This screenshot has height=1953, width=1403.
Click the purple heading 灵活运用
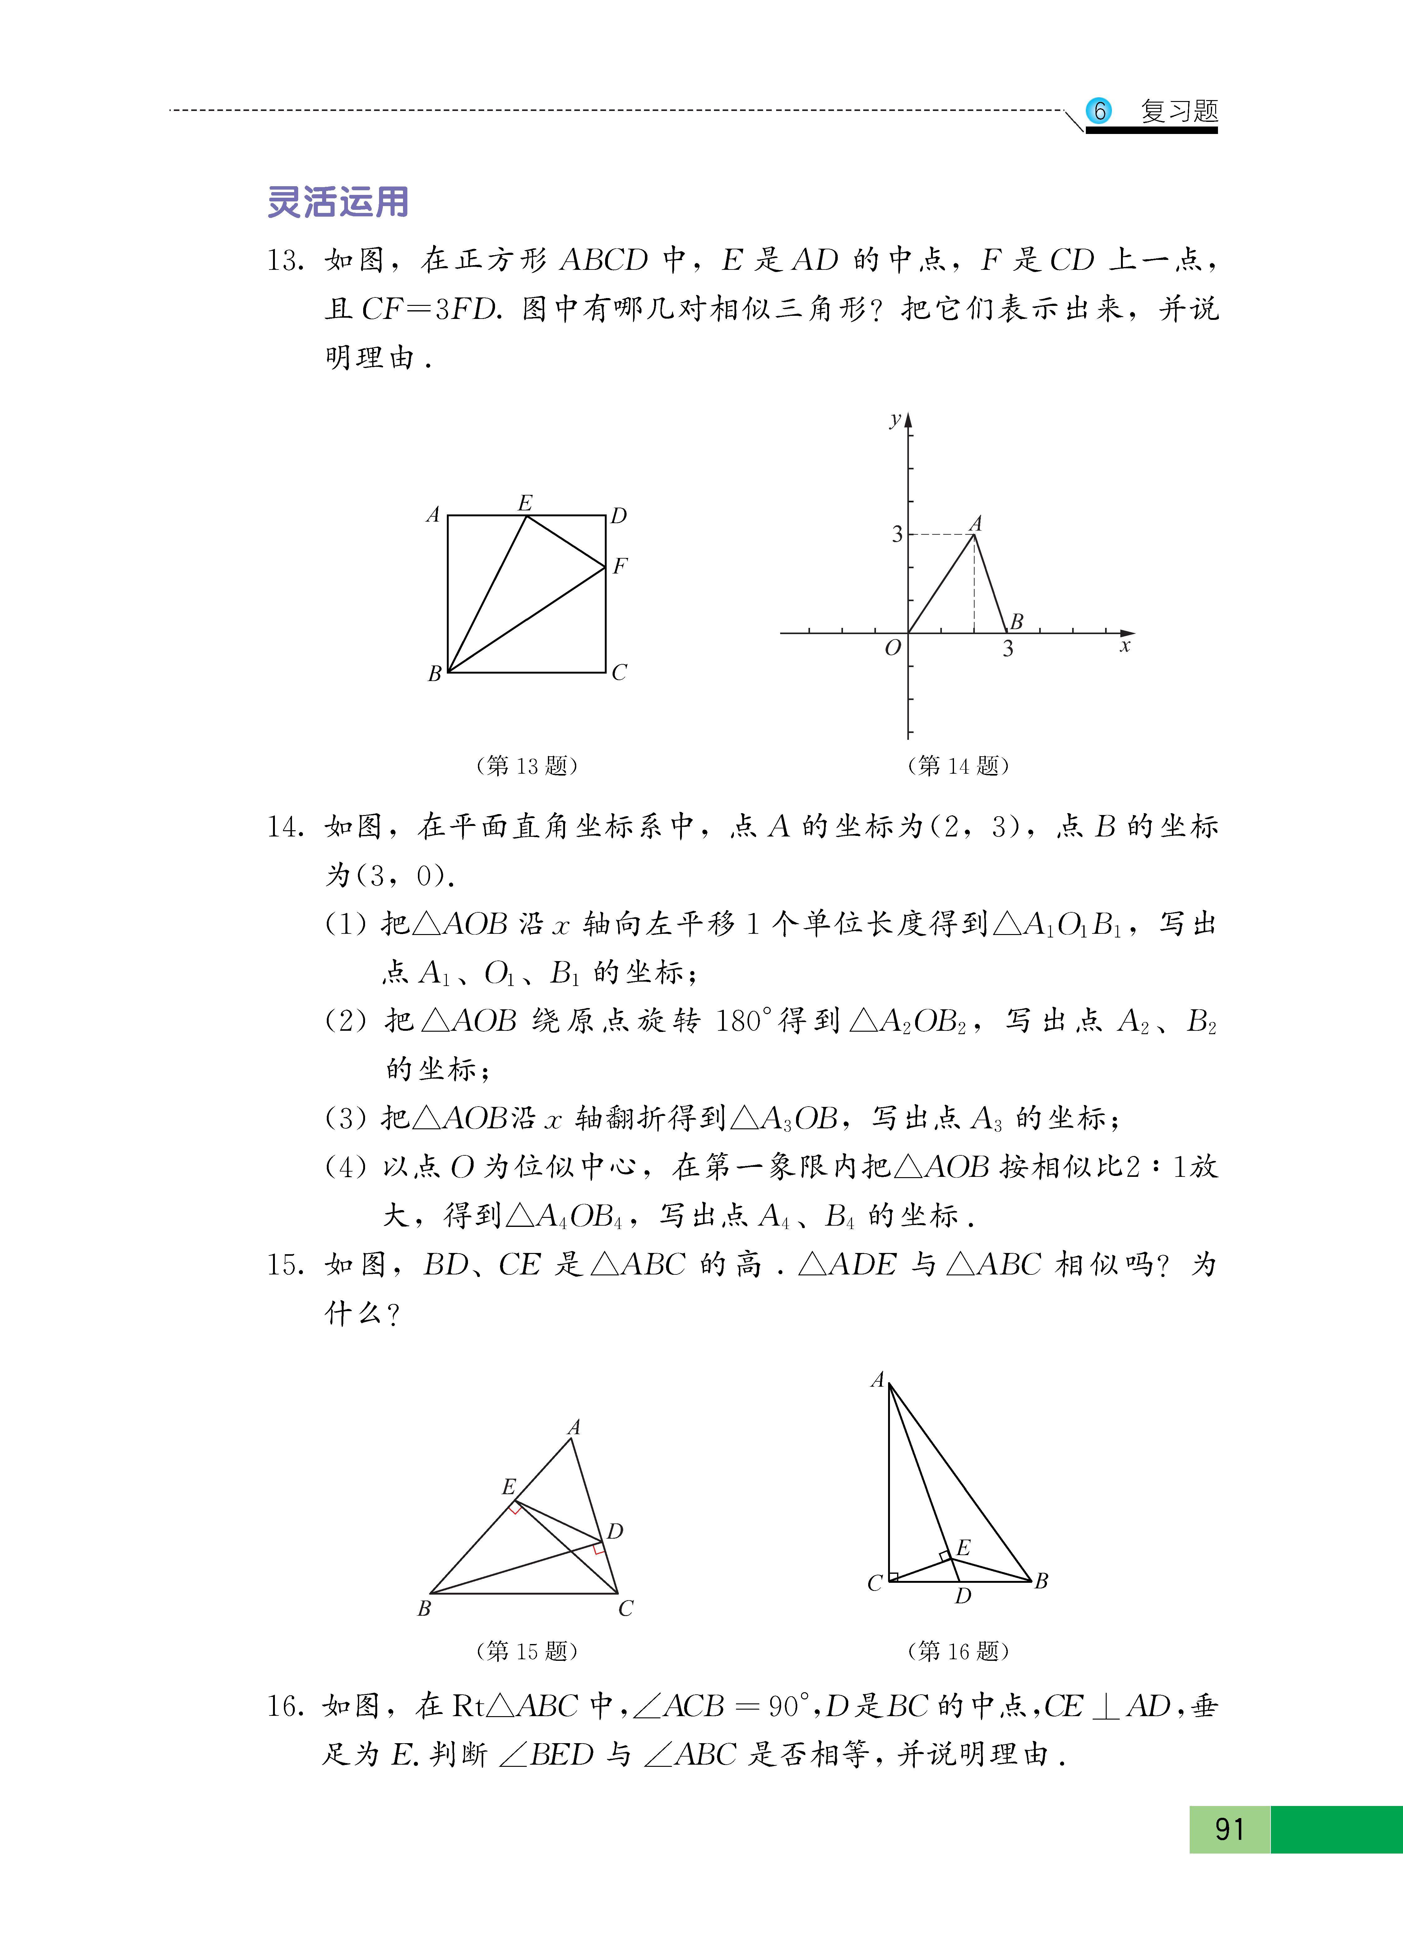338,202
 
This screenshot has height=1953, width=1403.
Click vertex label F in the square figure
620,566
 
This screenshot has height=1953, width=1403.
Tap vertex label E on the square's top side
525,502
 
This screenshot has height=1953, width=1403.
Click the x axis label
1124,646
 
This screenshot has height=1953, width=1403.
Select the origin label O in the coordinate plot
892,647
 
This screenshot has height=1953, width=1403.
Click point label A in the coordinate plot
976,523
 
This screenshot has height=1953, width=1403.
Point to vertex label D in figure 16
963,1596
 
